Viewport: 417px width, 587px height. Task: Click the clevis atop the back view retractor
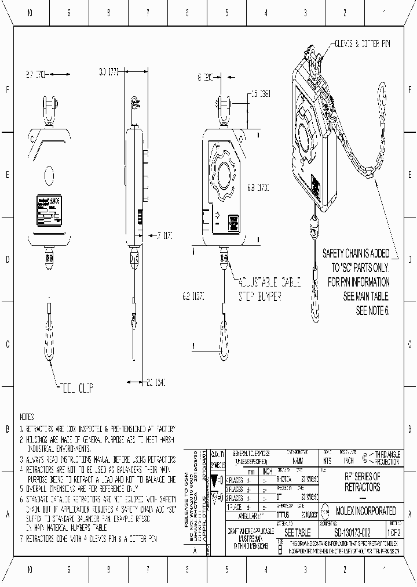[x=49, y=111]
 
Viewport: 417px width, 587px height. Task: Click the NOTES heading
[x=27, y=417]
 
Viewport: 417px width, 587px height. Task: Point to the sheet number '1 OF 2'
[x=396, y=532]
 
